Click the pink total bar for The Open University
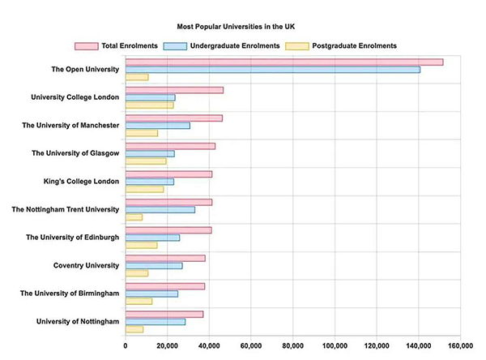coord(283,62)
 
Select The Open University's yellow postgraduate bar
coord(137,77)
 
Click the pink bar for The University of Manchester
coord(173,118)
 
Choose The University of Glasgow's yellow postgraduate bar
coord(146,161)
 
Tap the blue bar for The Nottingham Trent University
coord(160,209)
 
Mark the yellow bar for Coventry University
coord(137,272)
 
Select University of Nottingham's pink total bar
coord(164,314)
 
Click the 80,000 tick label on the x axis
coord(293,346)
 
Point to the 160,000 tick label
coord(460,346)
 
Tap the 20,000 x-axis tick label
coord(167,346)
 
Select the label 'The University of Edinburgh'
coord(73,237)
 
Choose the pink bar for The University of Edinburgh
coord(168,230)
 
